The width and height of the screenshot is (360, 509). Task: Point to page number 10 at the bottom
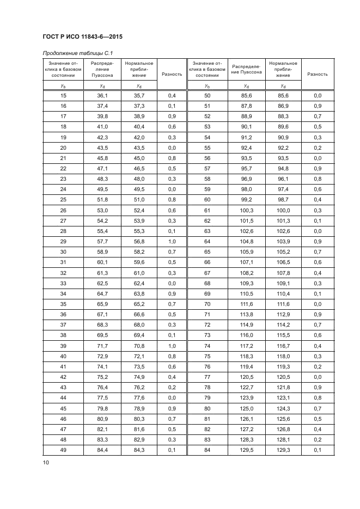pyautogui.click(x=45, y=463)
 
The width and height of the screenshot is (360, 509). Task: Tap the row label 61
pyautogui.click(x=207, y=210)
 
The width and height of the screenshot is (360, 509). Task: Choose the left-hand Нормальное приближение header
pyautogui.click(x=139, y=69)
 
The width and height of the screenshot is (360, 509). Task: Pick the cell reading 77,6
pyautogui.click(x=139, y=397)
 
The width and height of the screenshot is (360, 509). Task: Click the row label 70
pyautogui.click(x=207, y=302)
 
